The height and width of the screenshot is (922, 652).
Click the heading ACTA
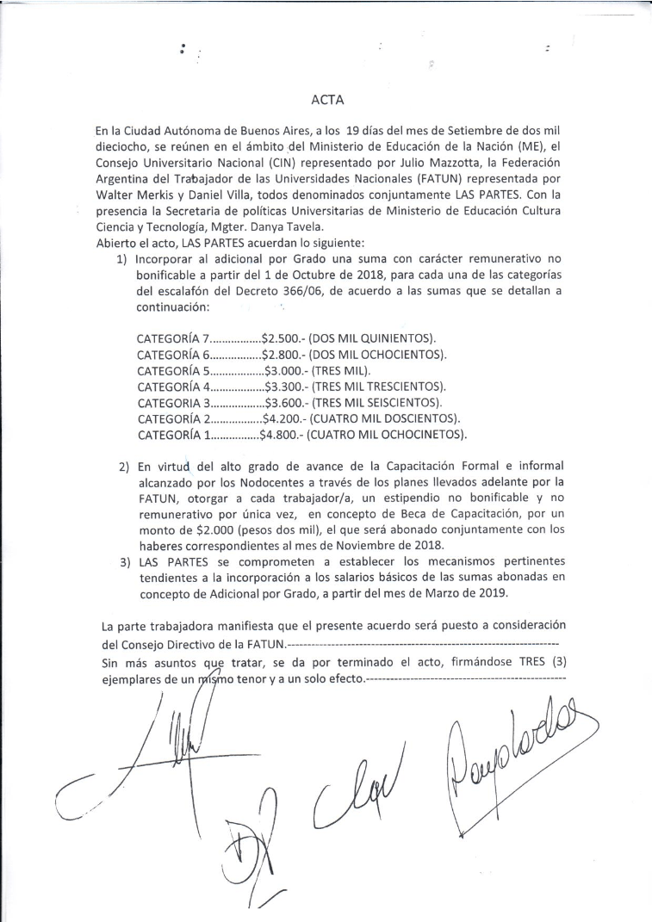[x=327, y=100]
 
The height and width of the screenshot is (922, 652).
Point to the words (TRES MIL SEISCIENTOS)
[x=375, y=401]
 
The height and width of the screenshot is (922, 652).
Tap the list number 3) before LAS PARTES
[x=125, y=565]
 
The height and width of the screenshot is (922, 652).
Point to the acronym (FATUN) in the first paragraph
[x=455, y=180]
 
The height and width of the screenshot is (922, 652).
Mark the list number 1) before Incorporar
[x=125, y=257]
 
